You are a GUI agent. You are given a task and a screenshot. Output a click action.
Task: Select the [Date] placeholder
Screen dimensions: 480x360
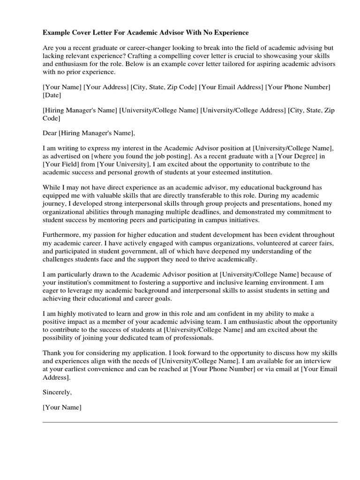[x=52, y=95]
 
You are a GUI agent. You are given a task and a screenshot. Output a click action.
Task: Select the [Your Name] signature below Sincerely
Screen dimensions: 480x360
[x=62, y=408]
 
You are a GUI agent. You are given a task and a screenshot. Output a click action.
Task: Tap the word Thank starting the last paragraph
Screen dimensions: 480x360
[x=52, y=353]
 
